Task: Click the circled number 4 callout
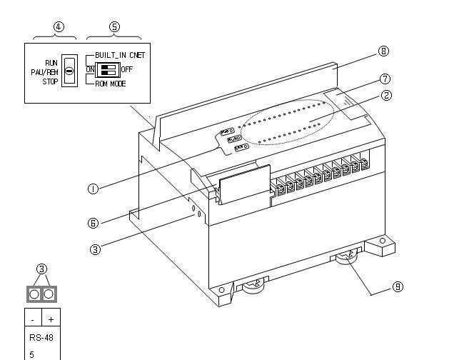tap(59, 26)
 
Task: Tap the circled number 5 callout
tap(114, 26)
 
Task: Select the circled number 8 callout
tap(384, 51)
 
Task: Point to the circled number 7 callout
tap(385, 79)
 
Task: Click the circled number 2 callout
tap(386, 95)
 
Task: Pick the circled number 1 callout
tap(94, 189)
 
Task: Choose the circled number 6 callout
tap(94, 223)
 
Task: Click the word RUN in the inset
tap(51, 63)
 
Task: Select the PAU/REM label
tap(44, 72)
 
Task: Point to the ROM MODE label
tap(111, 84)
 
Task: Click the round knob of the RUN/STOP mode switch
tap(69, 72)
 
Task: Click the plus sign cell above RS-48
tap(50, 319)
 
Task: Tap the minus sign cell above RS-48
tap(33, 319)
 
